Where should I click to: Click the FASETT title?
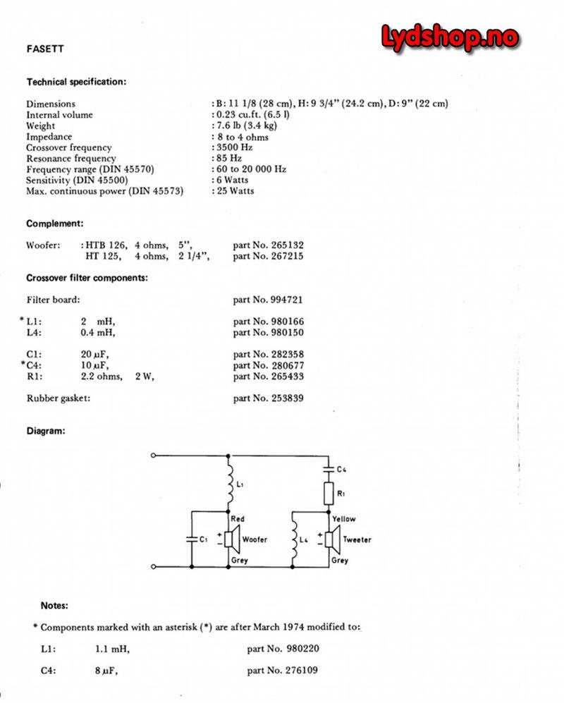(42, 50)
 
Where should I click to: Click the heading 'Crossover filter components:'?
(87, 277)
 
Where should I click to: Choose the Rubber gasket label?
(59, 398)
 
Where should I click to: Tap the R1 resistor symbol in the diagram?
(329, 493)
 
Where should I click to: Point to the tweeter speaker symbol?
(331, 539)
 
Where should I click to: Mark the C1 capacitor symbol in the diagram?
(192, 539)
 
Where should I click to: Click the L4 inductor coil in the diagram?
(295, 539)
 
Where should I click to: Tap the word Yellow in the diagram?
(343, 519)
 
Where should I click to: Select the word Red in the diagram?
(238, 519)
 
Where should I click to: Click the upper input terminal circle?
(153, 456)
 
